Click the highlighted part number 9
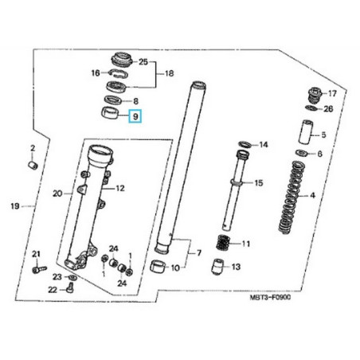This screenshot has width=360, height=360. point(135,117)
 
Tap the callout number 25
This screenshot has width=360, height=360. point(143,61)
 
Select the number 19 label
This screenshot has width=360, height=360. point(15,207)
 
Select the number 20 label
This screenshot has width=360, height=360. point(57,193)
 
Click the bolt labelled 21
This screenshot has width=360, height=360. point(37,270)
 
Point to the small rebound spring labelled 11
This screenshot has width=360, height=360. point(226,243)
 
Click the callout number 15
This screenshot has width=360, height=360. point(257,184)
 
